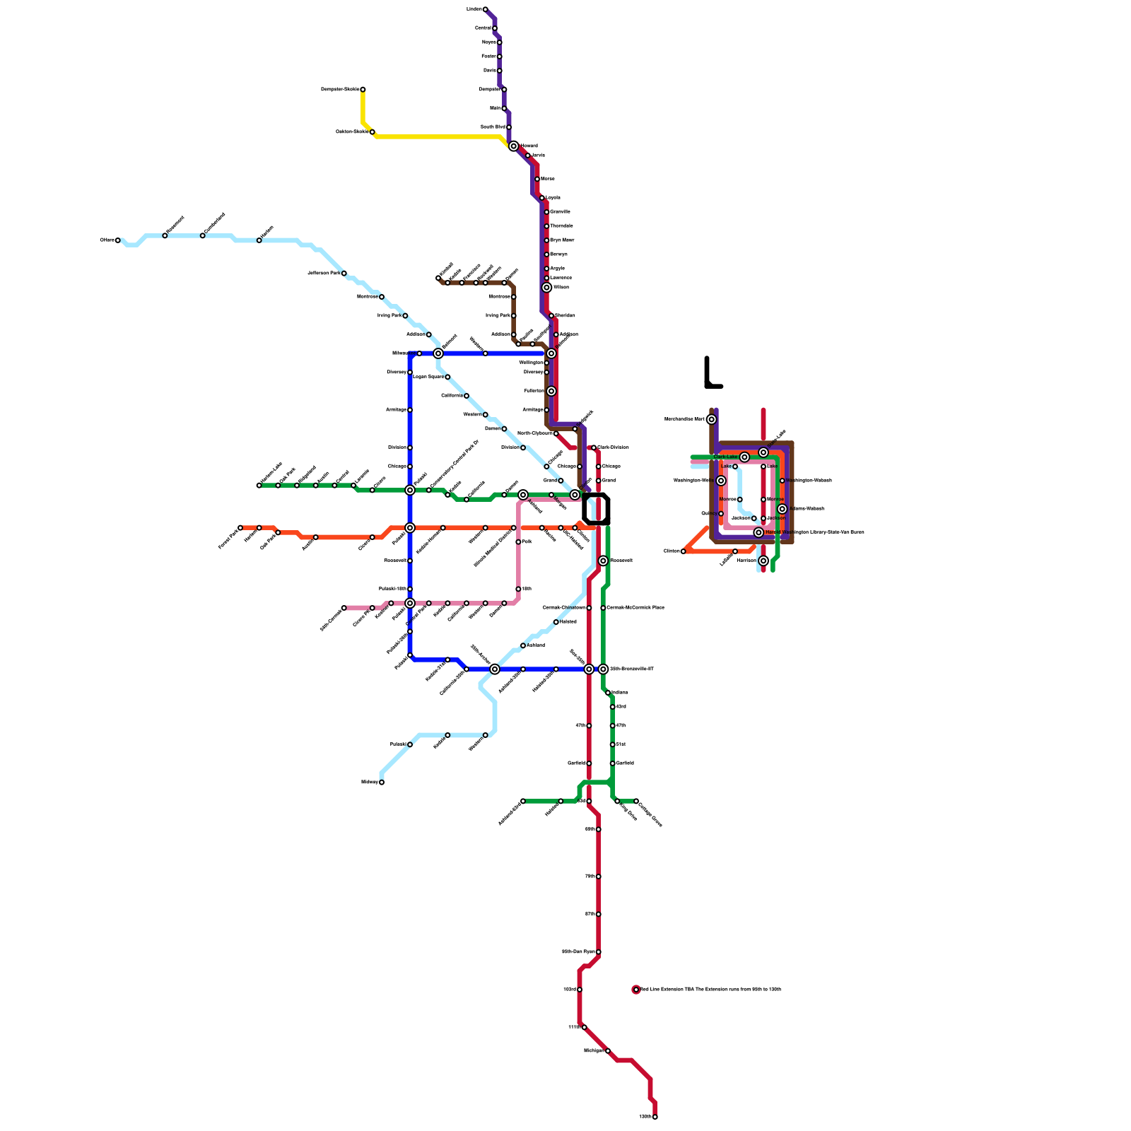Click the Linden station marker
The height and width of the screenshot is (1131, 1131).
485,9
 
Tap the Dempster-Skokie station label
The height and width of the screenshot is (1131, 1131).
340,90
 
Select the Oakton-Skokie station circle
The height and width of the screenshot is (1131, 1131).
373,132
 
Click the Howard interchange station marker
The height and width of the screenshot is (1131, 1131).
513,146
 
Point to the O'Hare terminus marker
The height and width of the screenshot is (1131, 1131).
118,240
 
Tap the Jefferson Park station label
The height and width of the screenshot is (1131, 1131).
324,274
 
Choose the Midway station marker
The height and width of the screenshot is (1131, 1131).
382,783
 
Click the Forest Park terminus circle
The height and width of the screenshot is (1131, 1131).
240,528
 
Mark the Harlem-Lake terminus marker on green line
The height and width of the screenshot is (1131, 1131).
259,486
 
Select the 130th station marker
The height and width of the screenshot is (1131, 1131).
655,1117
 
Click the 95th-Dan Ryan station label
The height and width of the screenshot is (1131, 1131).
578,952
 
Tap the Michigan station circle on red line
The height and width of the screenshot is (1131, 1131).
608,1051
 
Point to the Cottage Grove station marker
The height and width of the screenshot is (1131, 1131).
636,802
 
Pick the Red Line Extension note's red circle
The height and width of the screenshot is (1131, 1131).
636,990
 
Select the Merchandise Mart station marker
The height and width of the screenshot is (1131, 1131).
711,419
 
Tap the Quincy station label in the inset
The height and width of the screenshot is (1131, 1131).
708,514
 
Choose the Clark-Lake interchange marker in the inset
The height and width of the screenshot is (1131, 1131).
744,457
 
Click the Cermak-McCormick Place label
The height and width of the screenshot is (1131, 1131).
635,608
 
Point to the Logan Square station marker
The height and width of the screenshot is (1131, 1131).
447,377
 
